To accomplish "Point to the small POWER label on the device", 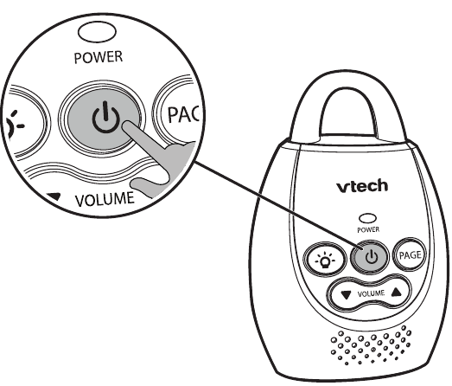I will [368, 230].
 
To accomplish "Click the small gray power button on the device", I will [370, 255].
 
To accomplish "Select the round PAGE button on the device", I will [407, 254].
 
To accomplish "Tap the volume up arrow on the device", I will [397, 293].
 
